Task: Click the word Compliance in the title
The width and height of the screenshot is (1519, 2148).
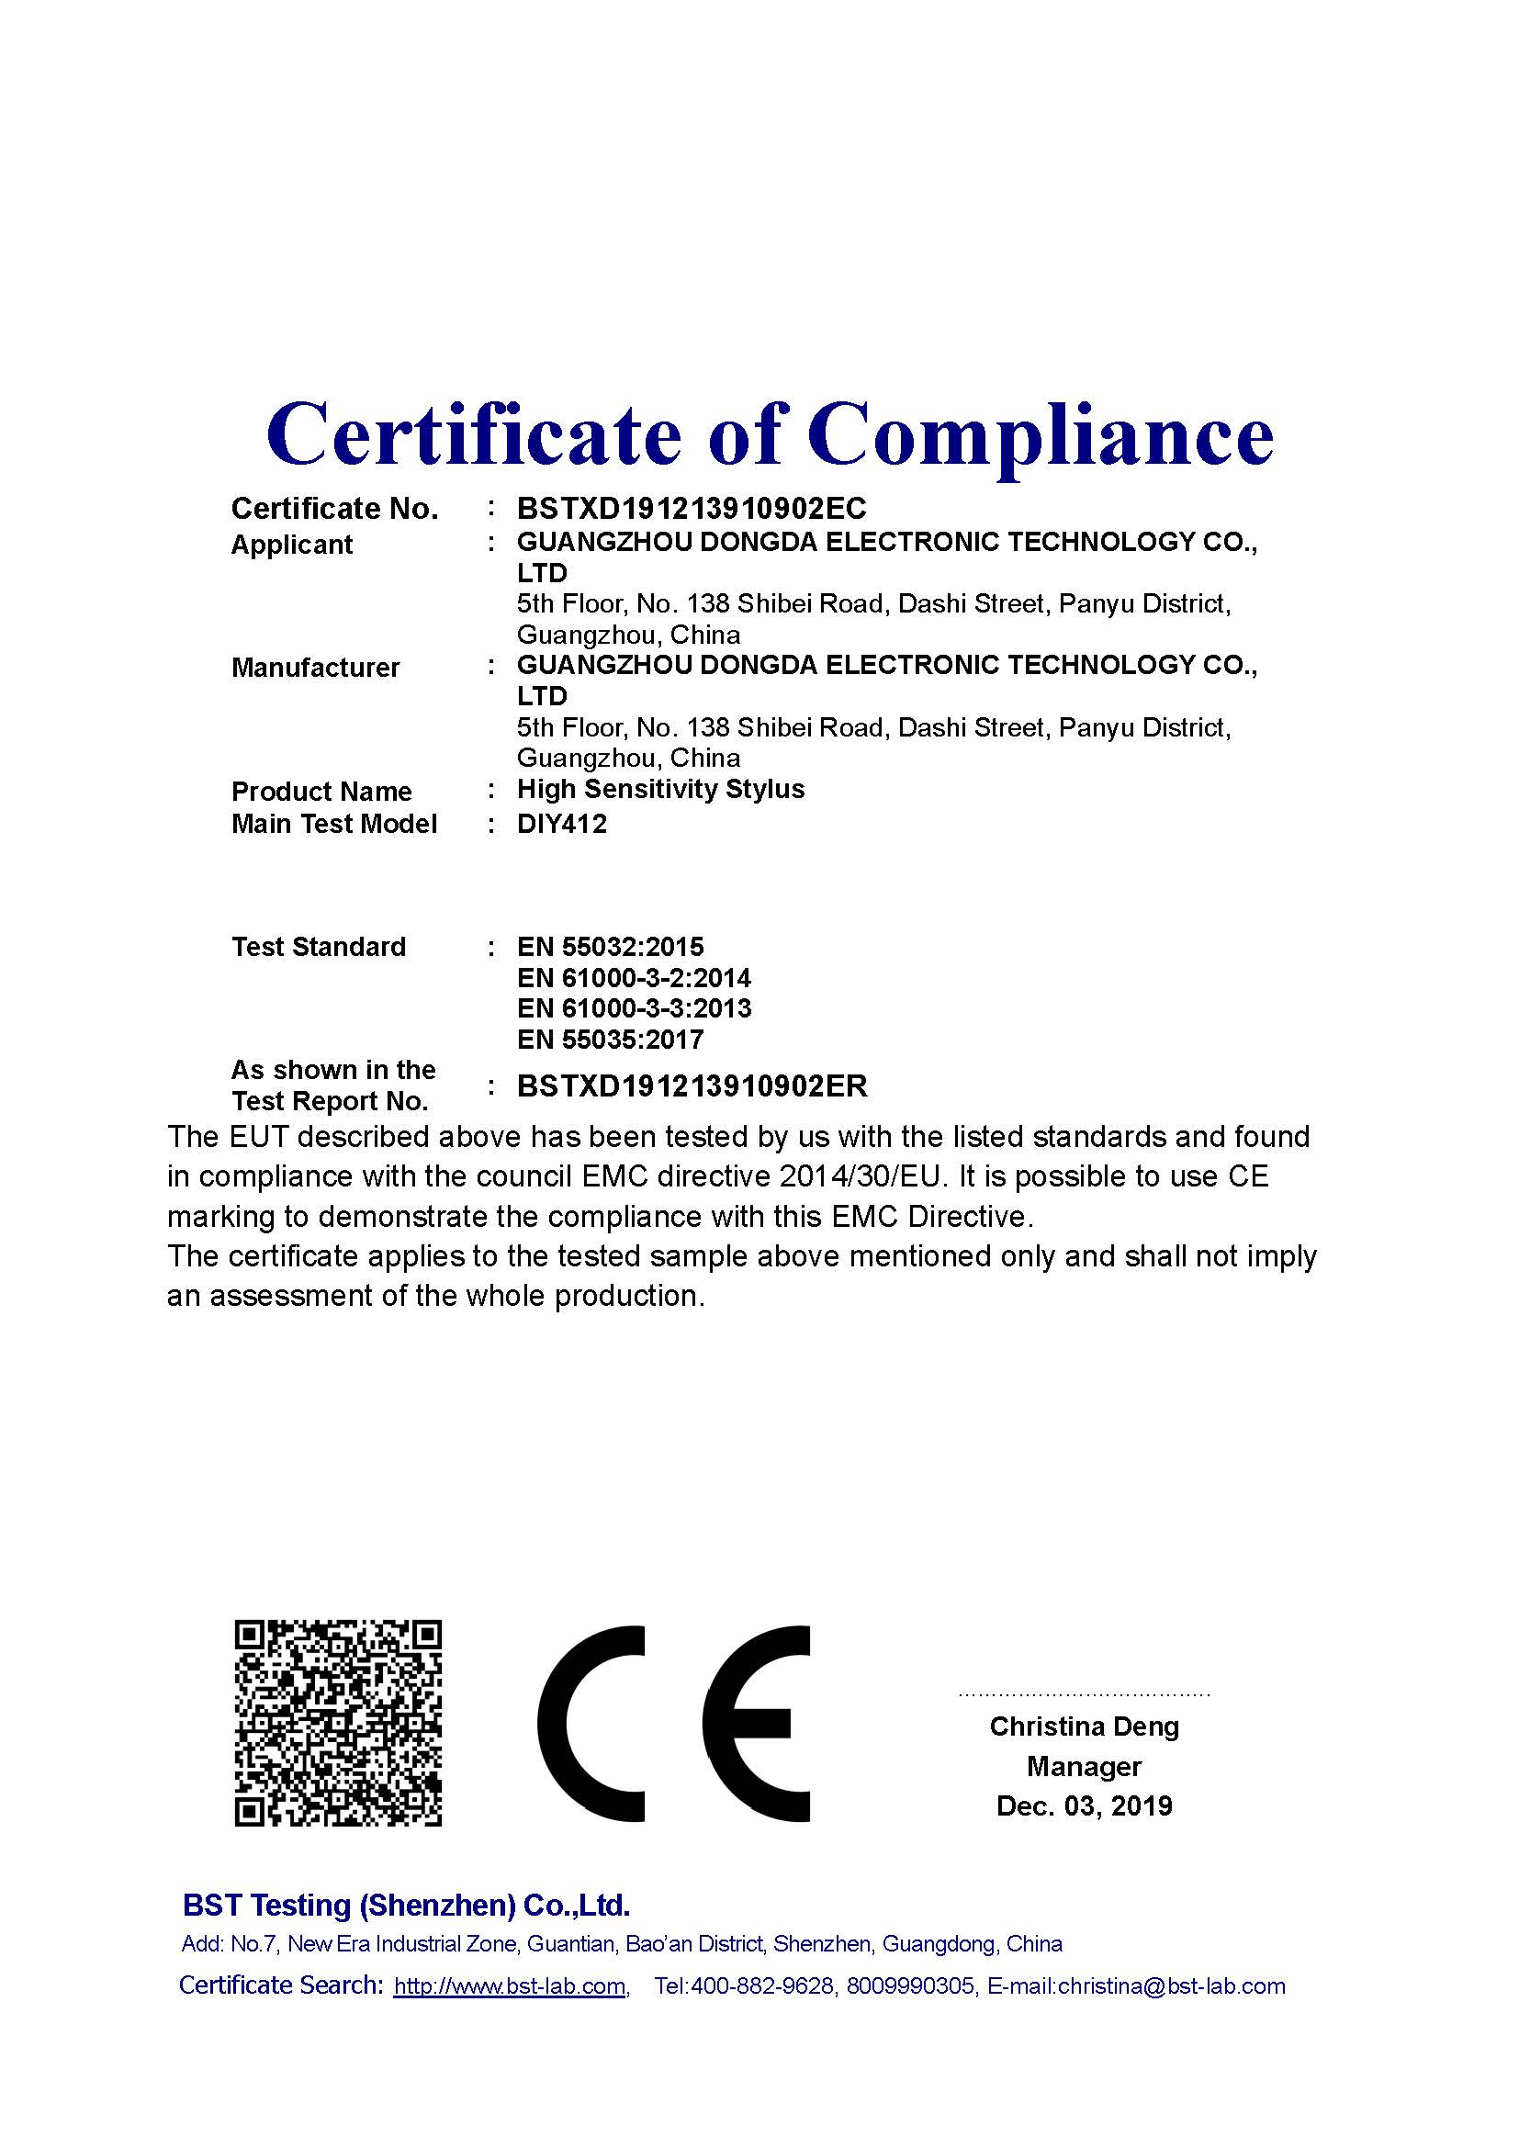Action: tap(1041, 435)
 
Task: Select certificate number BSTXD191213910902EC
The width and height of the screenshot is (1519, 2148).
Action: tap(692, 509)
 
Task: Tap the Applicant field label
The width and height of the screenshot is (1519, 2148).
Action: tap(292, 545)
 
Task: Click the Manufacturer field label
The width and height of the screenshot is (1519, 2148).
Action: tap(315, 668)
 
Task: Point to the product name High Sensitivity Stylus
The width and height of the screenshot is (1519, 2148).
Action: tap(660, 790)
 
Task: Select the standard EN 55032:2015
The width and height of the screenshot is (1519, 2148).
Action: tap(610, 947)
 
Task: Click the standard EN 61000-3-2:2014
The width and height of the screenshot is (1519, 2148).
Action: tap(634, 979)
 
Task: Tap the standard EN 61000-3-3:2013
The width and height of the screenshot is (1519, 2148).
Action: tap(634, 1008)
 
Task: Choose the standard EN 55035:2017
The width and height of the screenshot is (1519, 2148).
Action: tap(610, 1040)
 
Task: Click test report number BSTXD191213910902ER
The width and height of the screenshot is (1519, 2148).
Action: tap(692, 1086)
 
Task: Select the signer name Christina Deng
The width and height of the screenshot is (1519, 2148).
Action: tap(1084, 1726)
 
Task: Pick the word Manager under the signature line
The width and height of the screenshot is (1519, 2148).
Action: tap(1084, 1766)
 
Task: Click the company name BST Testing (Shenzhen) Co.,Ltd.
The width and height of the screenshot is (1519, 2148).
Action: tap(406, 1905)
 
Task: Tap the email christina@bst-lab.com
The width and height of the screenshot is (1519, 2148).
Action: tap(1171, 1986)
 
